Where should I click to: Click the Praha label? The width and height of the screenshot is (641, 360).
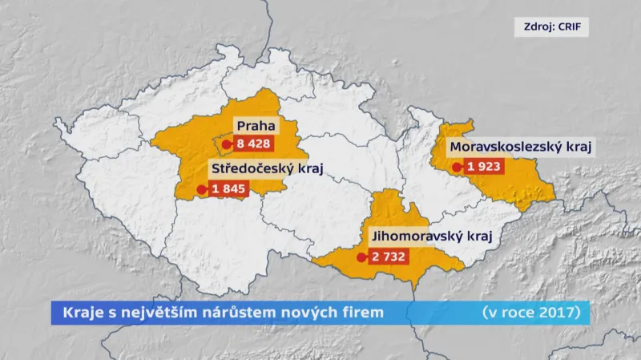coord(256,126)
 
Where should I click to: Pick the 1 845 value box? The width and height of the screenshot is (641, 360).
coord(228,189)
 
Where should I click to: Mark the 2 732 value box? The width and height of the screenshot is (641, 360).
coord(389,257)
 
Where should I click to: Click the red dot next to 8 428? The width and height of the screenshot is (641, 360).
coord(227,145)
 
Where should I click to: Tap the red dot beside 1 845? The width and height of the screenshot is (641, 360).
coord(200,190)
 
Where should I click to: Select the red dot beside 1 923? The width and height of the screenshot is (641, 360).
coord(457,168)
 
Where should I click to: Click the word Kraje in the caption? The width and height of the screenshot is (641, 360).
coord(76,312)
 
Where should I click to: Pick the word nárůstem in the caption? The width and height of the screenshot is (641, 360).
coord(244,312)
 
